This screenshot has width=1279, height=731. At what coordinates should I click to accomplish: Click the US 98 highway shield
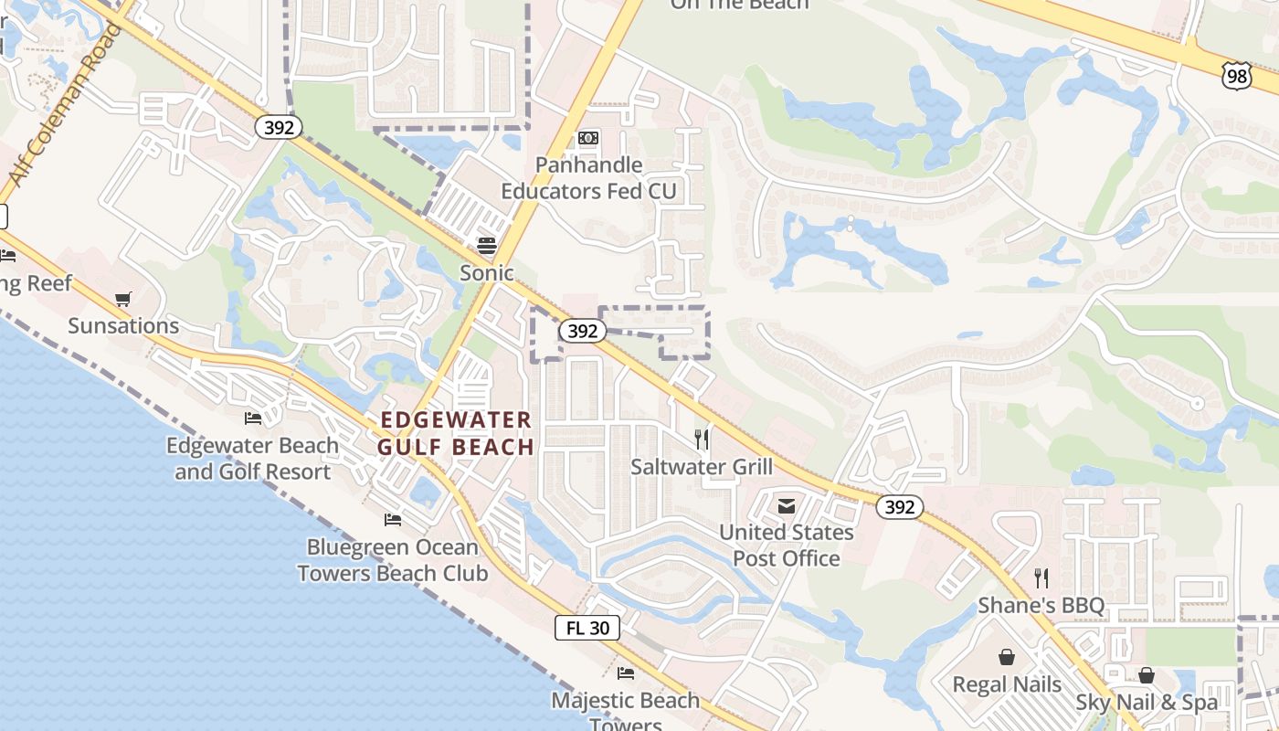pyautogui.click(x=1236, y=76)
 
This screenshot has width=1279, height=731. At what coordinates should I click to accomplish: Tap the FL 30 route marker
pyautogui.click(x=587, y=628)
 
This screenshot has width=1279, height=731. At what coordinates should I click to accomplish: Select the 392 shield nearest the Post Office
pyautogui.click(x=900, y=507)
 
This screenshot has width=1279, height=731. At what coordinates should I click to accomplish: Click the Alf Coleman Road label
pyautogui.click(x=64, y=105)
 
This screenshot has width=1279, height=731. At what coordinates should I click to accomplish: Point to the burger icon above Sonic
pyautogui.click(x=486, y=245)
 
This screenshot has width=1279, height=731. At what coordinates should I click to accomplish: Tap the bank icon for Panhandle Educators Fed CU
pyautogui.click(x=588, y=138)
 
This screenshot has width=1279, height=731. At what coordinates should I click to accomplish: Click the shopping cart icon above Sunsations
pyautogui.click(x=123, y=299)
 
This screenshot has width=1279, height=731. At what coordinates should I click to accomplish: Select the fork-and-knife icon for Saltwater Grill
pyautogui.click(x=702, y=440)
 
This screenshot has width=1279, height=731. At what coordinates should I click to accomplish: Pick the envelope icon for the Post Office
pyautogui.click(x=787, y=505)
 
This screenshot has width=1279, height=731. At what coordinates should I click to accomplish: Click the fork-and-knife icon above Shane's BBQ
pyautogui.click(x=1041, y=577)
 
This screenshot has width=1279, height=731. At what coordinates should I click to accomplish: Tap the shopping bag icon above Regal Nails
pyautogui.click(x=1006, y=657)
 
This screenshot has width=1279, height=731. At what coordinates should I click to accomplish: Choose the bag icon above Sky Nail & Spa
pyautogui.click(x=1147, y=675)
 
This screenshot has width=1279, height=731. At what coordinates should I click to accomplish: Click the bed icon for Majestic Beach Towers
pyautogui.click(x=626, y=673)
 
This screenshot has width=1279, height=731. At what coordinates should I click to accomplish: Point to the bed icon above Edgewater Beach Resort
pyautogui.click(x=253, y=418)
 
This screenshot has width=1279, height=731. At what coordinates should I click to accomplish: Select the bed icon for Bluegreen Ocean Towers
pyautogui.click(x=393, y=520)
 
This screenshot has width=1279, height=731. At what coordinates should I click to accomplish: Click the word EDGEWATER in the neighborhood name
pyautogui.click(x=456, y=420)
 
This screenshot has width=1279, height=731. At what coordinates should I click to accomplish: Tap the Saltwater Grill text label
pyautogui.click(x=702, y=467)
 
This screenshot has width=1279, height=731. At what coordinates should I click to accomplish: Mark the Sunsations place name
pyautogui.click(x=123, y=326)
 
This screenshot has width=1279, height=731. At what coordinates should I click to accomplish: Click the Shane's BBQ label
pyautogui.click(x=1041, y=605)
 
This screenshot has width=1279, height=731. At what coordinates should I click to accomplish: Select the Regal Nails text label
pyautogui.click(x=1007, y=684)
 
